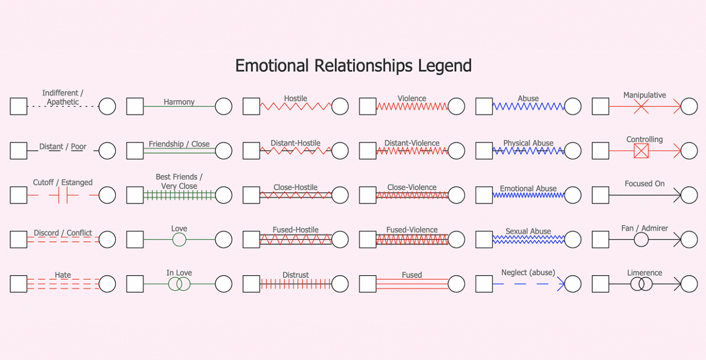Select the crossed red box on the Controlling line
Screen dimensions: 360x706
[641, 151]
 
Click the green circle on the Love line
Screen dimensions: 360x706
[179, 240]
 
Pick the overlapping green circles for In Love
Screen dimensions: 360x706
[179, 284]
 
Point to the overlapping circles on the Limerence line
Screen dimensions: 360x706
[641, 284]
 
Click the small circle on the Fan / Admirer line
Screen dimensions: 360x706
[641, 240]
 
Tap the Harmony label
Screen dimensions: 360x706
[179, 102]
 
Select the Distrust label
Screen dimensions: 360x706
[296, 275]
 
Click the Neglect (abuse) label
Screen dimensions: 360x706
[528, 273]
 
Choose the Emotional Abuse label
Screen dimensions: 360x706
[528, 189]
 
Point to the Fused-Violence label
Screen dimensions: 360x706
[412, 230]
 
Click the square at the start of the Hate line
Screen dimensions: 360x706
[18, 284]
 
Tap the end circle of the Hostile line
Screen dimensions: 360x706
[340, 107]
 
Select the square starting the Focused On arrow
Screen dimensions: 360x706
[601, 195]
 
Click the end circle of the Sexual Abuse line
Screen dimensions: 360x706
[572, 240]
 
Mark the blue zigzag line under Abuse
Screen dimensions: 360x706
[528, 107]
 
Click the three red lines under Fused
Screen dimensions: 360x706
[412, 284]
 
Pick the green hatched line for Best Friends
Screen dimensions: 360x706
[179, 195]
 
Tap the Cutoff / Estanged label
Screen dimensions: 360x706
[62, 182]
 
